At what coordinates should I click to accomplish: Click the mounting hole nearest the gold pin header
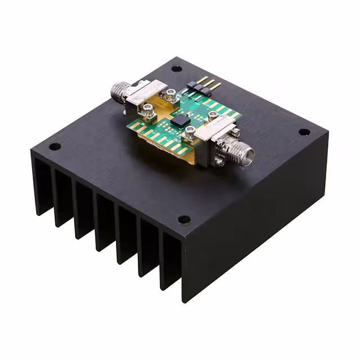tap(177, 69)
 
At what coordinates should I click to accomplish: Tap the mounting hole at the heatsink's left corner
tap(55, 147)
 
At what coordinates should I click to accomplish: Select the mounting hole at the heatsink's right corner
tap(304, 132)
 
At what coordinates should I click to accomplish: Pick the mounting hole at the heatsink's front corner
tap(183, 219)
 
